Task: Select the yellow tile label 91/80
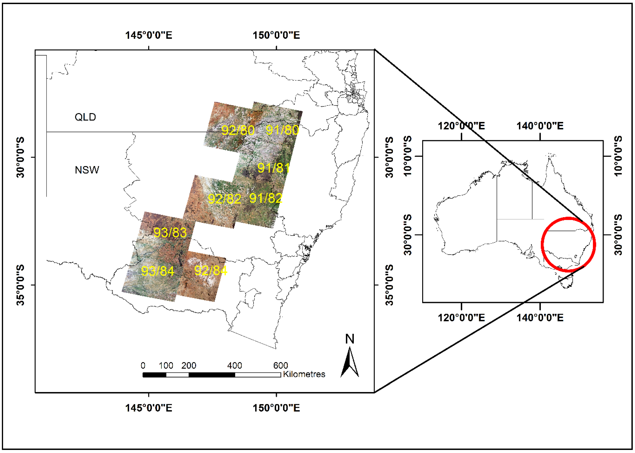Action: click(x=282, y=130)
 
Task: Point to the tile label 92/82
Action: click(x=224, y=199)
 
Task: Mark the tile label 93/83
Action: click(x=170, y=232)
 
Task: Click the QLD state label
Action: click(x=85, y=117)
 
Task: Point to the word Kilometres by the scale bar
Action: click(x=304, y=374)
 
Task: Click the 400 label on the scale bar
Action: click(x=234, y=365)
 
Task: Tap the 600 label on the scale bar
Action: click(x=280, y=365)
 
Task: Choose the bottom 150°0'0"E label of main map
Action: click(x=276, y=408)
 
